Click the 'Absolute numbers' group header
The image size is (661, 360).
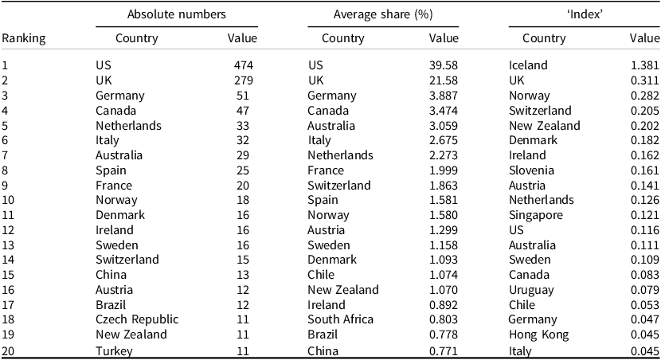coord(177,14)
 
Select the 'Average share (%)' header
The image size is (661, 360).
coord(383,15)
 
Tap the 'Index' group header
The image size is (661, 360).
coord(585,14)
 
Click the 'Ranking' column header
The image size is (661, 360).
coord(24,38)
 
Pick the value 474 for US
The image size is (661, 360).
coord(244,65)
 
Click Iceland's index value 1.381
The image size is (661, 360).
coord(644,65)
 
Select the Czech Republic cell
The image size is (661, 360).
coord(137,319)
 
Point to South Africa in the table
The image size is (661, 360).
coord(340,319)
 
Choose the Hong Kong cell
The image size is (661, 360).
coord(538,335)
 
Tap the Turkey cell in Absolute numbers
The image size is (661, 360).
coord(114,350)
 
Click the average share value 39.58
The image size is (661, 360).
coord(444,65)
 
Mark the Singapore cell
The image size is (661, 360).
coord(536,215)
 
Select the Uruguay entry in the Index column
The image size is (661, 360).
coord(531,290)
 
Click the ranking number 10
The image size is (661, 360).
coord(8,200)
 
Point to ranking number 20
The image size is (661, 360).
coord(8,350)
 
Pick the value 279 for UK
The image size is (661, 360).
coord(244,80)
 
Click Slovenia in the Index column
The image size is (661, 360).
coord(531,170)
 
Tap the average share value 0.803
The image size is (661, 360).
coord(444,319)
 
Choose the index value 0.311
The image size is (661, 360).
coord(644,80)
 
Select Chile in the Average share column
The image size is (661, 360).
coord(321,275)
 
